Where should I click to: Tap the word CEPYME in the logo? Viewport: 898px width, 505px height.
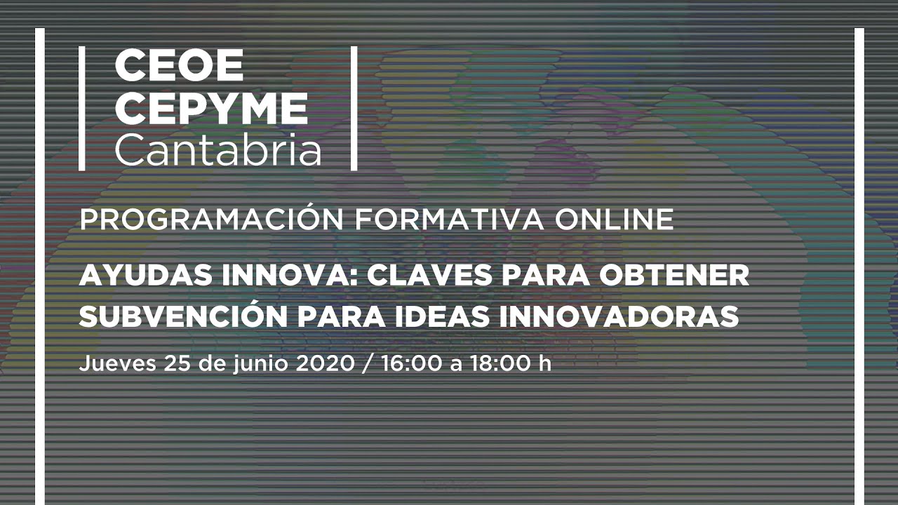[x=211, y=109]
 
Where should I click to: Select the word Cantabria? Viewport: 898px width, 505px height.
[x=218, y=149]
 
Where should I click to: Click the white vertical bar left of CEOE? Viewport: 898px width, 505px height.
[x=82, y=108]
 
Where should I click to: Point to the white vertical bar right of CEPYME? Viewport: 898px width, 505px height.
[x=354, y=108]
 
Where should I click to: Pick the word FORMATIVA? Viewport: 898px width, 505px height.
[x=449, y=220]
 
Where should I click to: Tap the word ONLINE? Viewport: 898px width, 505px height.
[x=614, y=220]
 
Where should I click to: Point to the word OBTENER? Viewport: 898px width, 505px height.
[x=674, y=276]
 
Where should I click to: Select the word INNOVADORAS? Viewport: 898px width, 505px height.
[x=618, y=316]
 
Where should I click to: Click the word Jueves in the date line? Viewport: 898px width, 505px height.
[x=117, y=364]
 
